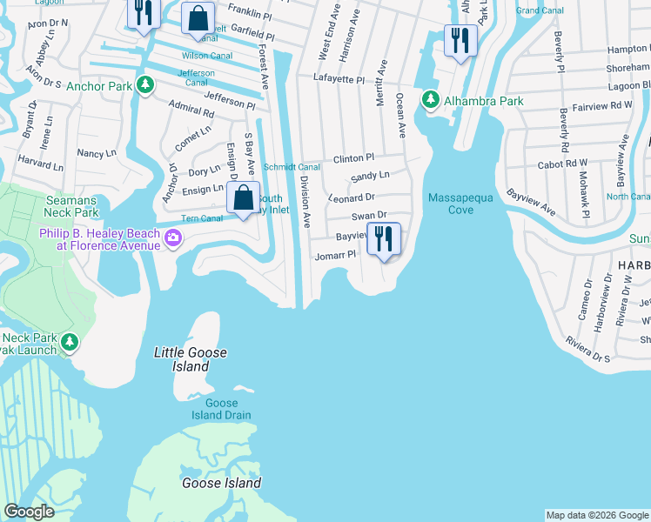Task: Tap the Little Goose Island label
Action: [x=191, y=359]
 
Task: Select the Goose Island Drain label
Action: [x=221, y=409]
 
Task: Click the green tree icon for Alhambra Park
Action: [x=430, y=101]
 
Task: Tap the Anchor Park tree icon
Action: [x=146, y=86]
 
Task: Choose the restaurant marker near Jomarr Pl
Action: [x=384, y=239]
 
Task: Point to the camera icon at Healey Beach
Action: [x=173, y=238]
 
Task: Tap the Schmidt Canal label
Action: [x=292, y=167]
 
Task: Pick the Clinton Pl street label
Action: [x=352, y=158]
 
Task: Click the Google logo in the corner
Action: [x=29, y=512]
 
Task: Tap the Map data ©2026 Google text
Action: [x=597, y=515]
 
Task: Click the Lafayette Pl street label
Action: [x=339, y=79]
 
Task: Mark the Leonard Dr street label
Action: [x=352, y=197]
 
